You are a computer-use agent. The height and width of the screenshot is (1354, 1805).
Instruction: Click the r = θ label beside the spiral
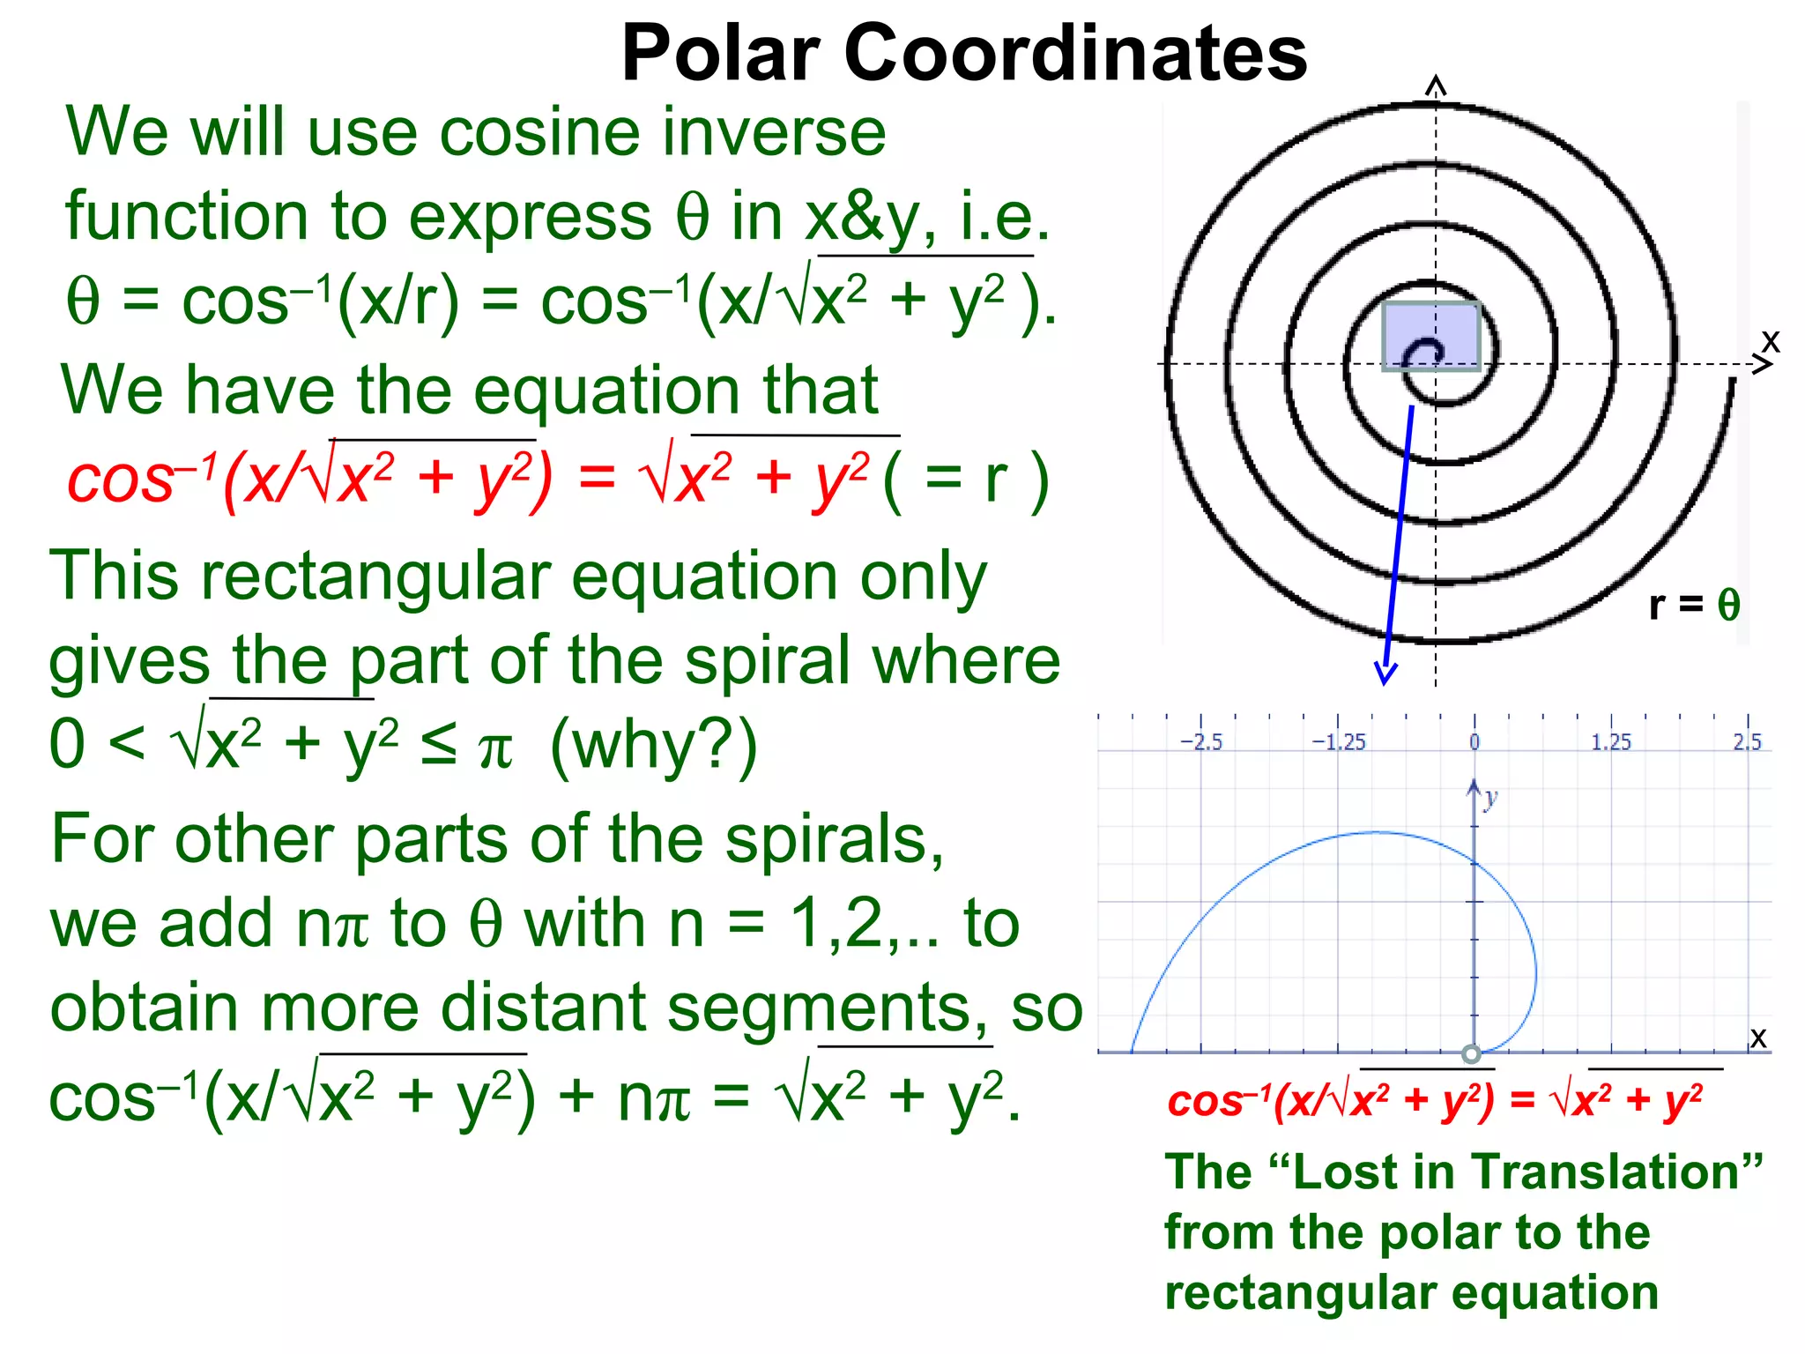(1694, 605)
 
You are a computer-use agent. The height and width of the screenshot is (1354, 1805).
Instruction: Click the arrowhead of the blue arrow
(1385, 674)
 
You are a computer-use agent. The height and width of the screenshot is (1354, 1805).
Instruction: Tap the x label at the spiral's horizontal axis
(1770, 341)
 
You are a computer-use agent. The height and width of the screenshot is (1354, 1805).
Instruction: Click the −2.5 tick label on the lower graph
(1201, 742)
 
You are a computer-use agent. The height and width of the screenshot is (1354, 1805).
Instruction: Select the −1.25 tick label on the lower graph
(1338, 742)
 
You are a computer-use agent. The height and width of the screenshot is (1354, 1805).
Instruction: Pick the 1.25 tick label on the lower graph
(1610, 742)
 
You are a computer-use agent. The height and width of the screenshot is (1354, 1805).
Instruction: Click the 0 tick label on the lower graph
(1474, 742)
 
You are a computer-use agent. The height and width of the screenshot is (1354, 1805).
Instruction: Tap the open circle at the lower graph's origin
(1471, 1053)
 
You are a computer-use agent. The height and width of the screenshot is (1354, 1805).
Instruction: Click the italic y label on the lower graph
(1490, 799)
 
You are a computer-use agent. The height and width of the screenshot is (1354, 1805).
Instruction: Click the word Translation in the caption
(1614, 1172)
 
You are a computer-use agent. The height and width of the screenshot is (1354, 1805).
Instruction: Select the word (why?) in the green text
(653, 746)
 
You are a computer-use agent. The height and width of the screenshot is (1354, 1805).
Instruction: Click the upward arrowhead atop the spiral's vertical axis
(1436, 85)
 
